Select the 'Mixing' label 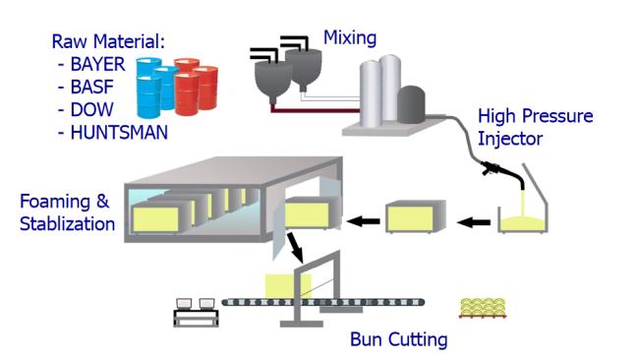coord(350,39)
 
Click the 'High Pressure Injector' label coord(535,126)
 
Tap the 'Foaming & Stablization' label coord(67,213)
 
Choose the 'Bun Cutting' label coord(398,340)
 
